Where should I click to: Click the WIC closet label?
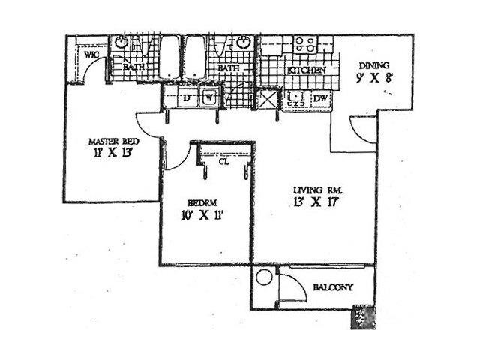91,55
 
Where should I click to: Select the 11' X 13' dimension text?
109,156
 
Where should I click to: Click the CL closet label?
223,160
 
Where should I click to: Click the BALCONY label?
328,288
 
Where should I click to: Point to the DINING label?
373,64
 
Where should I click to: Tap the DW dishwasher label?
319,98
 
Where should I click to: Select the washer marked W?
209,97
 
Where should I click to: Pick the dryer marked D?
186,97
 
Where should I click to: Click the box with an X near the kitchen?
268,99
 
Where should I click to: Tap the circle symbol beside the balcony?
263,277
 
